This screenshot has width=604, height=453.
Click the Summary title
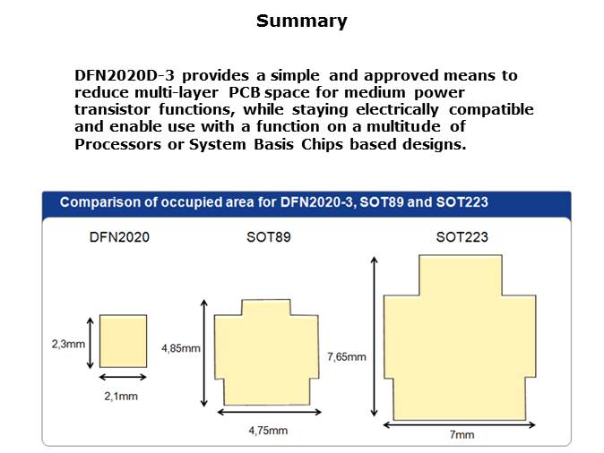pos(302,21)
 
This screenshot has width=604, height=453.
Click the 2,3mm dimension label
pos(68,344)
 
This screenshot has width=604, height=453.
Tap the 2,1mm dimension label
pos(121,396)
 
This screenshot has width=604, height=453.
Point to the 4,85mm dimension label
pos(181,348)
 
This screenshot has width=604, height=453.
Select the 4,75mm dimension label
pos(268,431)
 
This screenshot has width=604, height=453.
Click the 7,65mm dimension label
pos(346,357)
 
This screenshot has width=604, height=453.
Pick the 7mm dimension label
pos(462,434)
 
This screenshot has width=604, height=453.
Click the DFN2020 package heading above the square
pos(119,237)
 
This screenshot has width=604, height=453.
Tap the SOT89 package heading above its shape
pos(269,237)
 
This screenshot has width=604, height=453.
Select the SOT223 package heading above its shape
pos(462,237)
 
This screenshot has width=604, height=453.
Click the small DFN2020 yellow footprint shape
pos(124,341)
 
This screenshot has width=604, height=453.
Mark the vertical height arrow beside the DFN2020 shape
pos(91,343)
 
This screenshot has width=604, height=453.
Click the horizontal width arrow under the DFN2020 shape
pos(123,377)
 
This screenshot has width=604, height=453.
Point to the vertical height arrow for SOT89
pos(204,354)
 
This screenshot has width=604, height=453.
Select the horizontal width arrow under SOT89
pos(269,412)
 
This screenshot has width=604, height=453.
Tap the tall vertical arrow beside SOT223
pos(374,337)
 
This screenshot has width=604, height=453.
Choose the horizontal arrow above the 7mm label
pos(460,425)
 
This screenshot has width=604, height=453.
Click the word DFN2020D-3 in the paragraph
pos(125,75)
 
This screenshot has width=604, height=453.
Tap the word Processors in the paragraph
pos(118,144)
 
